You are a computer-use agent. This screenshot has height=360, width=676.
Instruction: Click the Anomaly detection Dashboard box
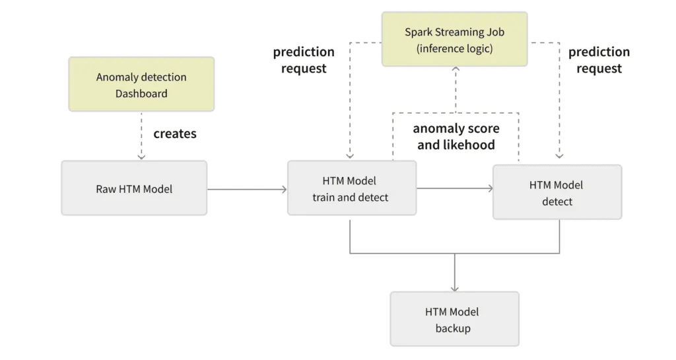[141, 84]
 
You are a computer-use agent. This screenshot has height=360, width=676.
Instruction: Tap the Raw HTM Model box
[134, 188]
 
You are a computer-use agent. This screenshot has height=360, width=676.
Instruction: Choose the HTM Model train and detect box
[351, 188]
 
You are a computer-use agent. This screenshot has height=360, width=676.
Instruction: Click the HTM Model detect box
[557, 192]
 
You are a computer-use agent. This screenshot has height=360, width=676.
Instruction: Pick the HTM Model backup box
[454, 319]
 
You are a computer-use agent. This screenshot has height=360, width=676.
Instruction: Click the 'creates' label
[175, 134]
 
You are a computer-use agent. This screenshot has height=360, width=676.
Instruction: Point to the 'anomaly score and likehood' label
[456, 137]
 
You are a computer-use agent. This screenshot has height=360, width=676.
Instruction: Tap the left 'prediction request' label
[304, 60]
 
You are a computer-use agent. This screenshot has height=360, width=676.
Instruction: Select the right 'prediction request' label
[599, 60]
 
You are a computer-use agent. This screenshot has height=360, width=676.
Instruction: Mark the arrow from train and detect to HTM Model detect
[455, 189]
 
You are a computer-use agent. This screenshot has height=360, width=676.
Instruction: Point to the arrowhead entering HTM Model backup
[454, 288]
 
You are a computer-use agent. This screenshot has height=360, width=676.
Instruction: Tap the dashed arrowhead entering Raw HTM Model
[141, 157]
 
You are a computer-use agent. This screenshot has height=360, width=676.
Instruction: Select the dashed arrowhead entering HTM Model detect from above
[559, 157]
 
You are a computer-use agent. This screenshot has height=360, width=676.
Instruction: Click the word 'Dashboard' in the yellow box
[141, 94]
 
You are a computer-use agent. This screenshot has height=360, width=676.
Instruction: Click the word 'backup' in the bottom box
[453, 328]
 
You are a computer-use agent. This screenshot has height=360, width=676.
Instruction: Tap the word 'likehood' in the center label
[469, 145]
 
